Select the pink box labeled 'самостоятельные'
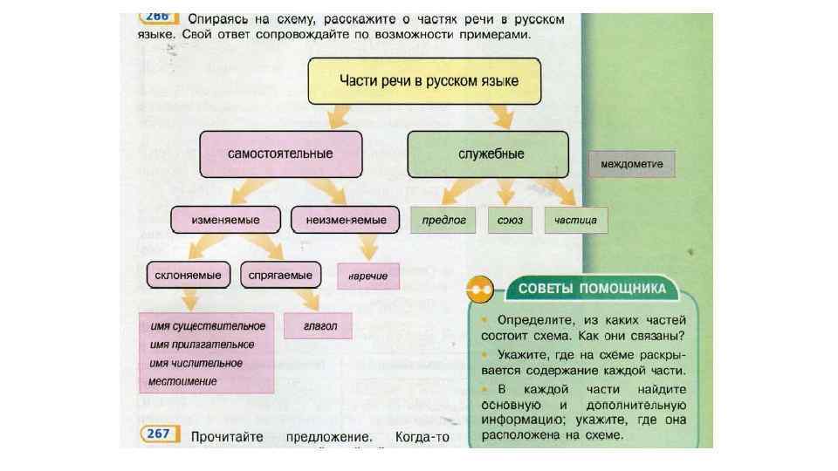[279, 154]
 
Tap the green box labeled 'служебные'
[488, 154]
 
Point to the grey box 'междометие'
[632, 164]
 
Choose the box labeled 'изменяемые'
[226, 220]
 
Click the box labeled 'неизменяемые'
[346, 220]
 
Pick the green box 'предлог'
[443, 221]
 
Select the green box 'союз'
[511, 221]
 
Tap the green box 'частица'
[575, 221]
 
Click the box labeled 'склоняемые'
[188, 276]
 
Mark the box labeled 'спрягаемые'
[280, 276]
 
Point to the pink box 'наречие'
[367, 276]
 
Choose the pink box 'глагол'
[318, 326]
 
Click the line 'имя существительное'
[208, 326]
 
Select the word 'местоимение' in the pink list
[183, 381]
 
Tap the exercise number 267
[158, 435]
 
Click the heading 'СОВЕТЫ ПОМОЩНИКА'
[592, 288]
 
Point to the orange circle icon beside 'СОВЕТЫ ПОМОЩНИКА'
[479, 288]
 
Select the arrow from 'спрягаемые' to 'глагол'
[305, 299]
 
